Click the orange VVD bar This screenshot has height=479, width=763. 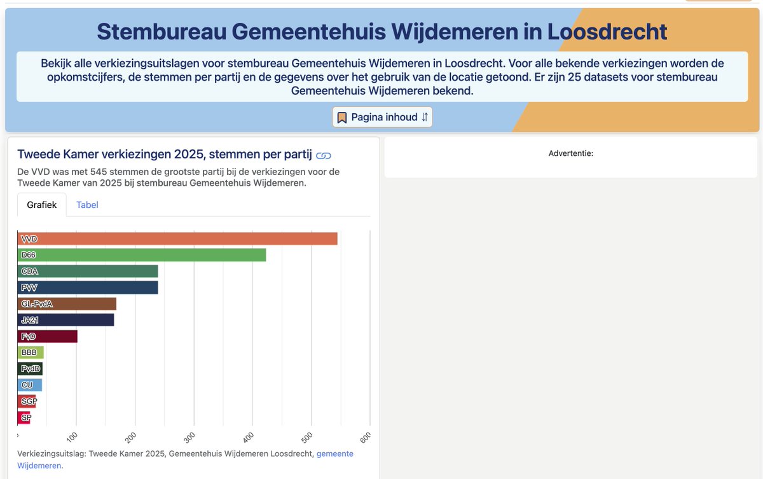point(177,239)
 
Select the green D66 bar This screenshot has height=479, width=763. point(142,255)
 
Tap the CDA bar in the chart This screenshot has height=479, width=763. point(88,271)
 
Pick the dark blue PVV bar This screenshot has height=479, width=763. point(88,288)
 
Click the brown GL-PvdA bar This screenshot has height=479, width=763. point(67,304)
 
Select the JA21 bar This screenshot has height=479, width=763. point(66,320)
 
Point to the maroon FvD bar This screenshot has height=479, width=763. point(48,337)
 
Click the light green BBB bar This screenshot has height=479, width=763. point(31,352)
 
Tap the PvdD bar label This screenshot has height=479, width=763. point(30,369)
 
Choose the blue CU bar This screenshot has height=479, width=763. point(29,385)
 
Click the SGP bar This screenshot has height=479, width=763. point(27,401)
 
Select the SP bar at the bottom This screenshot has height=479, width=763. point(24,418)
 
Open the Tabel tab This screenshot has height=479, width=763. point(87,205)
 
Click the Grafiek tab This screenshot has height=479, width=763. point(42,205)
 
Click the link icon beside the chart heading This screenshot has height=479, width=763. point(324,155)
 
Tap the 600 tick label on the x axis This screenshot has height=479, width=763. point(366,437)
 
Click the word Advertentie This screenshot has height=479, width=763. point(570,153)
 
